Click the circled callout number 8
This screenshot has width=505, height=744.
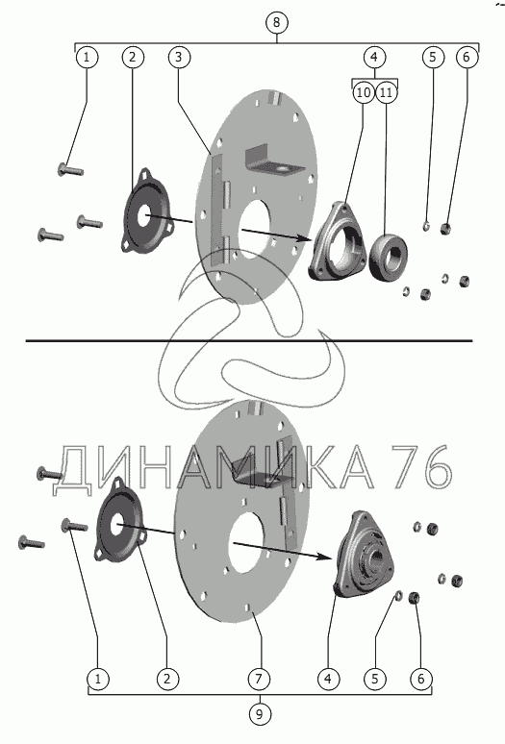point(277,22)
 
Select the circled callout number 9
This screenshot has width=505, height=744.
point(259,713)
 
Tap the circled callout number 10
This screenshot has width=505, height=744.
point(363,92)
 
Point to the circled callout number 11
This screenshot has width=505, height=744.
point(386,92)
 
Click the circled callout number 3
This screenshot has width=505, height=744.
point(179,57)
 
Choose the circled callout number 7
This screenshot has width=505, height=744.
point(259,679)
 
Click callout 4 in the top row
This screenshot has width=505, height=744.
point(374,57)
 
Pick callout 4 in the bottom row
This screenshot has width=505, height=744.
point(328,679)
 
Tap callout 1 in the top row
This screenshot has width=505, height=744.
point(87,57)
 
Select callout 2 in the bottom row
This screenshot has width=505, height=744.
point(167,679)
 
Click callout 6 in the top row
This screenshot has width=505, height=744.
point(467,57)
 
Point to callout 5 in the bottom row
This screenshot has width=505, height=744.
point(375,679)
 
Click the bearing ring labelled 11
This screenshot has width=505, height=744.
point(389,257)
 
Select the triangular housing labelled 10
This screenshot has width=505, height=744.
point(337,241)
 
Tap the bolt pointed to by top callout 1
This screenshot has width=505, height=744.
point(70,169)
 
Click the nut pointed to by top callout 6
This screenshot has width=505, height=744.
point(444,229)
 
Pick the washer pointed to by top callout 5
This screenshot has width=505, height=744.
point(427,225)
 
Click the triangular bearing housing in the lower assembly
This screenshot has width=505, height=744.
point(365,554)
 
